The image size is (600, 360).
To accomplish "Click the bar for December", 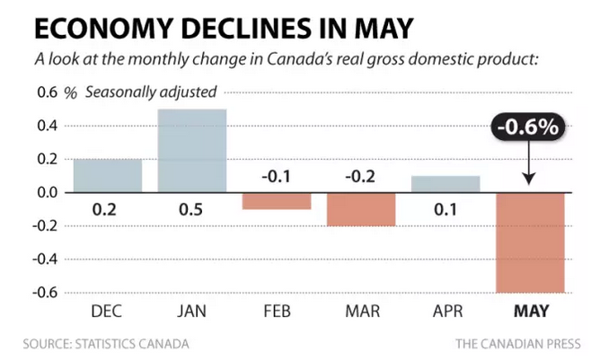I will pyautogui.click(x=107, y=176).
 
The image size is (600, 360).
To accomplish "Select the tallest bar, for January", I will pyautogui.click(x=192, y=151).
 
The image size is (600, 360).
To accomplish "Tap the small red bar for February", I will pyautogui.click(x=277, y=201).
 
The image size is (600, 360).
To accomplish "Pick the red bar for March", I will pyautogui.click(x=361, y=209).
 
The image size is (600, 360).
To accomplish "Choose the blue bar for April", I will pyautogui.click(x=446, y=184).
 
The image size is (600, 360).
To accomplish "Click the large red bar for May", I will pyautogui.click(x=531, y=242).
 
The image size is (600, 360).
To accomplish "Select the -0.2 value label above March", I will pyautogui.click(x=361, y=176).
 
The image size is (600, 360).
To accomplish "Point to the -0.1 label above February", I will pyautogui.click(x=277, y=176).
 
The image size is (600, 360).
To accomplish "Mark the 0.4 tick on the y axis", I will pyautogui.click(x=46, y=126).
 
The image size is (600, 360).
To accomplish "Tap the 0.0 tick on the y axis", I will pyautogui.click(x=46, y=192).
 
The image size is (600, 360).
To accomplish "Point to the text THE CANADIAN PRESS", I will pyautogui.click(x=518, y=343).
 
